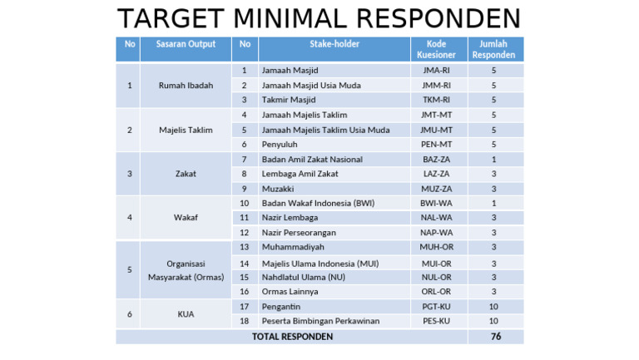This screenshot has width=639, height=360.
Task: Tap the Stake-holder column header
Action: [334, 44]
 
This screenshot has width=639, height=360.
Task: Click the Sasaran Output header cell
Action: [186, 44]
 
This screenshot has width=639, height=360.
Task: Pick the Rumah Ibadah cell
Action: [186, 85]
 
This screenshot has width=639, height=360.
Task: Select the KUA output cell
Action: [186, 313]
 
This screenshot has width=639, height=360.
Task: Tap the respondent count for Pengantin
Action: [493, 307]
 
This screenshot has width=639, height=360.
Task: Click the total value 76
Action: [494, 337]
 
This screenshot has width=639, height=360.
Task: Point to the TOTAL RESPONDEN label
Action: [292, 337]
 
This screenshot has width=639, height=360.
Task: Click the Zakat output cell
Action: [186, 174]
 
